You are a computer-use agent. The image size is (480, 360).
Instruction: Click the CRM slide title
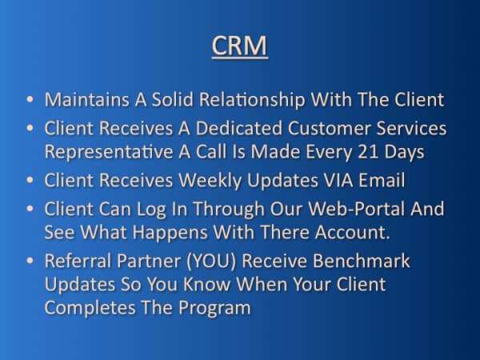(x=240, y=46)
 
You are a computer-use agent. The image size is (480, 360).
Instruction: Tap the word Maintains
(x=87, y=99)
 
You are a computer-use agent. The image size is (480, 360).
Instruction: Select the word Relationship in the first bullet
(x=252, y=101)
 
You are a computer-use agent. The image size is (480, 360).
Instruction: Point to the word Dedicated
(x=238, y=128)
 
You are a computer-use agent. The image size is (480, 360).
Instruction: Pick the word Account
(x=352, y=232)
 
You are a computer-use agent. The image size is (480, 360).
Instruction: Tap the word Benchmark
(x=361, y=261)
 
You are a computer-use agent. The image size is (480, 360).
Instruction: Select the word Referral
(x=78, y=261)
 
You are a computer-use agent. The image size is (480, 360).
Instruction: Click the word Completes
(x=90, y=308)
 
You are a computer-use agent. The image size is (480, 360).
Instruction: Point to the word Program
(x=214, y=308)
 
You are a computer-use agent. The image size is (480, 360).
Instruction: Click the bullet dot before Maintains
(x=30, y=99)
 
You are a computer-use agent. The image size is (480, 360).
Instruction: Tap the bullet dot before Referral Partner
(x=30, y=261)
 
